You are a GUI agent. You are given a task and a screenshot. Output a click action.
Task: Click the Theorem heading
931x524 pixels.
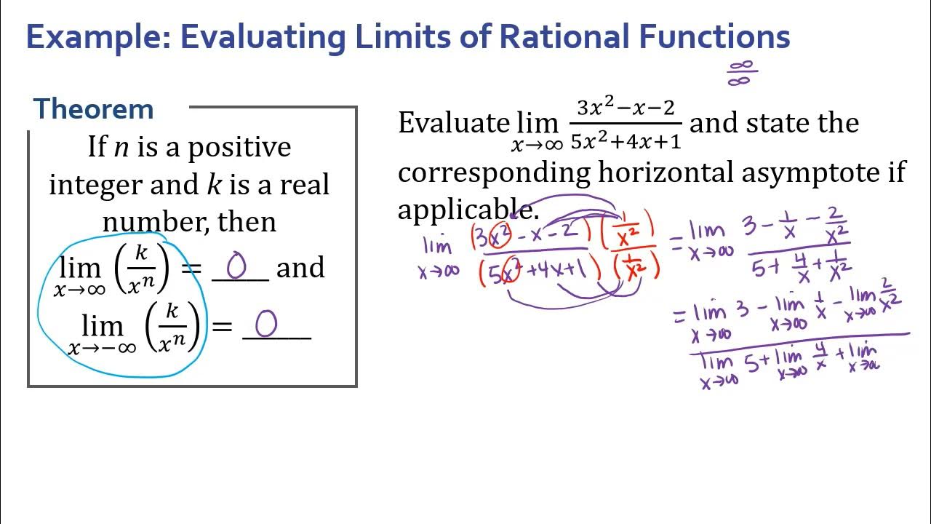click(94, 109)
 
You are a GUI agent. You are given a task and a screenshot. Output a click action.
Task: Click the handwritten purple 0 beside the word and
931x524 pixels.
click(237, 267)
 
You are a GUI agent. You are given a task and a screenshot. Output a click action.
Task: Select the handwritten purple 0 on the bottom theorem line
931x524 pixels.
click(265, 325)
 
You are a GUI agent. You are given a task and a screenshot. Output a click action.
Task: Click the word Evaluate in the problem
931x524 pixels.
click(452, 123)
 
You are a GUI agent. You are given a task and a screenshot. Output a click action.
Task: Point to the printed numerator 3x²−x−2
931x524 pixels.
click(626, 108)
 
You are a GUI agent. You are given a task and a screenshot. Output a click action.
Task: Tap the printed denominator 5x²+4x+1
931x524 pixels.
click(626, 140)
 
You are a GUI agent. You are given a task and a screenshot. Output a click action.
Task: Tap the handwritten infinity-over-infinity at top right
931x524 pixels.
click(741, 73)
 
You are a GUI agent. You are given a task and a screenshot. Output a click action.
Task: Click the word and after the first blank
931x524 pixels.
click(300, 268)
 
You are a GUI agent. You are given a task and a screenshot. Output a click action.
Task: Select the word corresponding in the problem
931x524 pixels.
click(494, 173)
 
